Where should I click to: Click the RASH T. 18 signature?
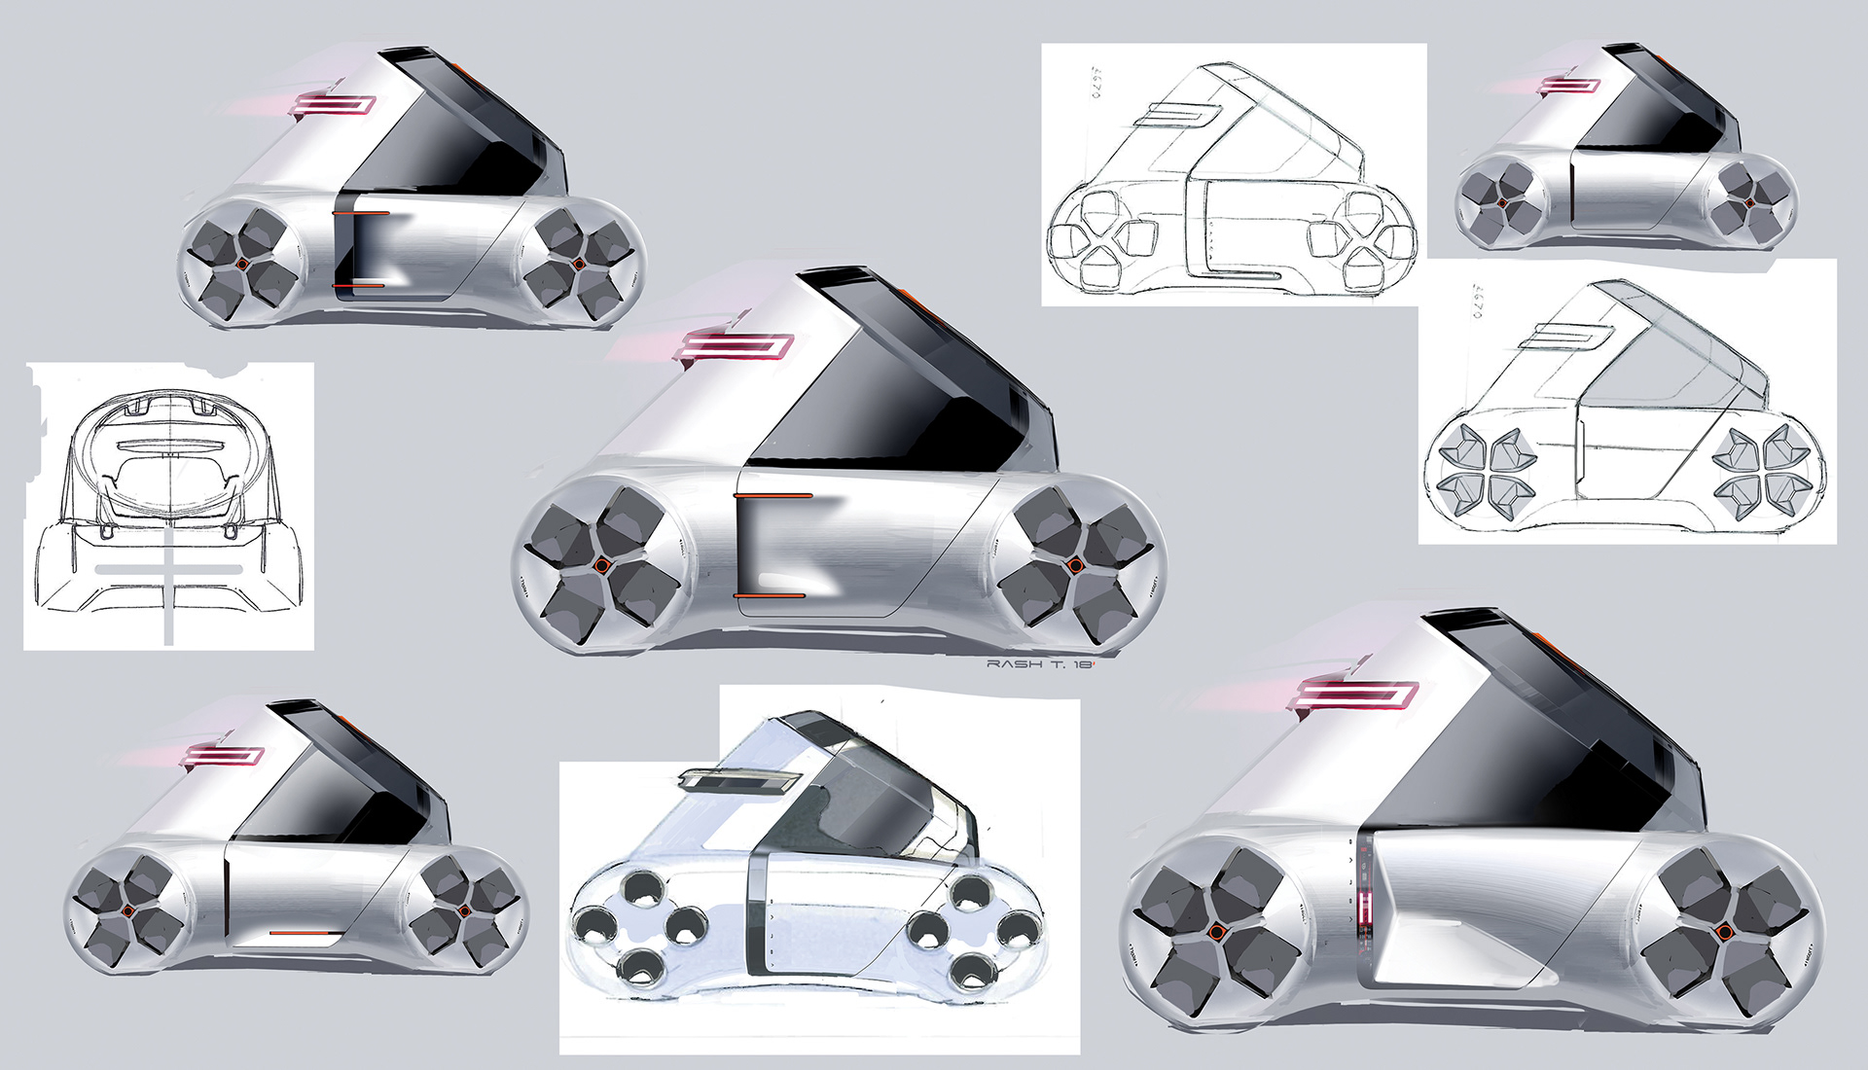point(1040,663)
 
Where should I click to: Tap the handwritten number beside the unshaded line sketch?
point(1096,84)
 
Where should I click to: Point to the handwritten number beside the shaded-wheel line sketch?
point(1478,302)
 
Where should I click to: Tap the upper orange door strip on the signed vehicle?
point(772,496)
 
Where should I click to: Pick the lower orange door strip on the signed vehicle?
point(769,594)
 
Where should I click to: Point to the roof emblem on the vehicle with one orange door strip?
point(224,755)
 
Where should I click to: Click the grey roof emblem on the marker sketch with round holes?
point(737,778)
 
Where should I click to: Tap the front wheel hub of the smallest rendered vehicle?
point(1501,202)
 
